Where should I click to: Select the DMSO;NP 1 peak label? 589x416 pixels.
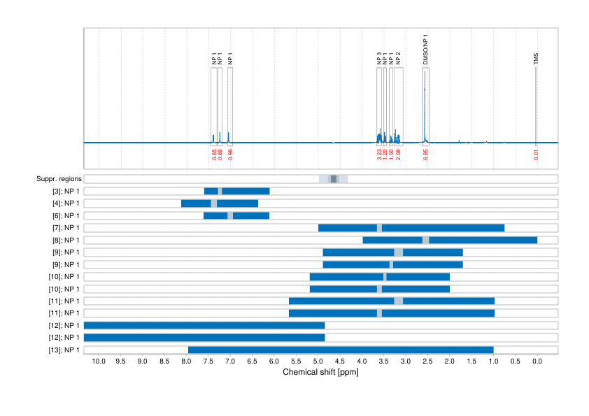425,50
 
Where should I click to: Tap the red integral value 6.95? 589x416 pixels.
425,155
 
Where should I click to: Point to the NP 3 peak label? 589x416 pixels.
379,59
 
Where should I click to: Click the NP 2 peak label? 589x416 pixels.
399,59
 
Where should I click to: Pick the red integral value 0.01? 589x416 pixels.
537,155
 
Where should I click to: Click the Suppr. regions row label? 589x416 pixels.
59,179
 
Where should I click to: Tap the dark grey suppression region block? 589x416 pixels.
334,179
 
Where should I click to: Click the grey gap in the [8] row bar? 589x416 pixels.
425,240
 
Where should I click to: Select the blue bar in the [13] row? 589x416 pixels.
341,350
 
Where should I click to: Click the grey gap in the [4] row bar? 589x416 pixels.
214,203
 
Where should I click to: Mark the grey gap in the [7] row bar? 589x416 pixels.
379,228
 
